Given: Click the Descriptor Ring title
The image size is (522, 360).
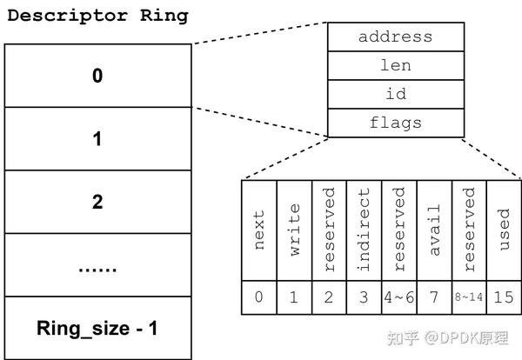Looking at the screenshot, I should tap(97, 16).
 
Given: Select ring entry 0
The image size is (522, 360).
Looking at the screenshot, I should tap(97, 76).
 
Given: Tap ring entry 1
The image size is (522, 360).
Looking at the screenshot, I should tap(97, 138).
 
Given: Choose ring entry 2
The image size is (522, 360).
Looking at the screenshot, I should tap(97, 202).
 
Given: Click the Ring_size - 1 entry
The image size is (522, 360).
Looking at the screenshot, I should tap(97, 329).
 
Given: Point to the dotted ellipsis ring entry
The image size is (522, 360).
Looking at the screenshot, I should tap(97, 265).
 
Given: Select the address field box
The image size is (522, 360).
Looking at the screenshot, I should tap(395, 37).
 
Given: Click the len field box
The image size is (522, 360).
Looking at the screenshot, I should tap(395, 65).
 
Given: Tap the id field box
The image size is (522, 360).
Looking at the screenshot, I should tap(395, 94).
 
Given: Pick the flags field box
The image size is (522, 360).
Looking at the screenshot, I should tap(395, 123).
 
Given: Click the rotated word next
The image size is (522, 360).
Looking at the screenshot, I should tap(258, 230).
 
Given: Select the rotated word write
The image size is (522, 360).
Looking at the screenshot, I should tap(294, 230).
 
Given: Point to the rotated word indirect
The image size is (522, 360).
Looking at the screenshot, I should tap(364, 230).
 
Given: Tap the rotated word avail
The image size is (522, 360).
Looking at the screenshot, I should tap(434, 230).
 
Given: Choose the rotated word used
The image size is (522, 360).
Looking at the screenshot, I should tap(504, 230).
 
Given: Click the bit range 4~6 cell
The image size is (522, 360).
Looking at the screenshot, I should tap(399, 297).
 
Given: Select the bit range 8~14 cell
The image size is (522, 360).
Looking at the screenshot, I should tap(469, 297).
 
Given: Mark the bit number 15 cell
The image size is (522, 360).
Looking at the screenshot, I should tap(504, 297).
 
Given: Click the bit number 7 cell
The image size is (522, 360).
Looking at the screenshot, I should tap(434, 297).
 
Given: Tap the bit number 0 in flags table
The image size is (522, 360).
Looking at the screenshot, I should tap(258, 297).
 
